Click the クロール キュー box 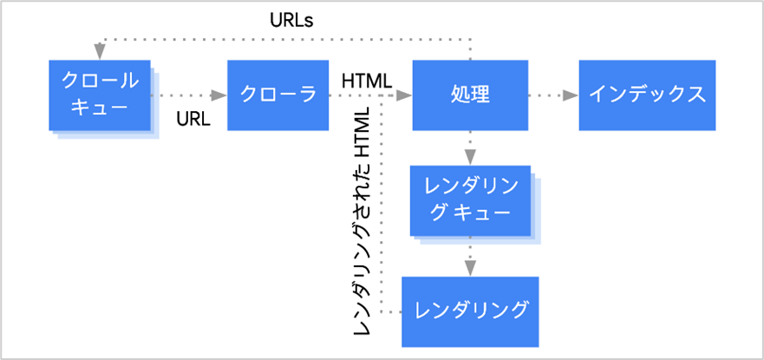click(100, 95)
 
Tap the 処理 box click(470, 95)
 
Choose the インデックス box click(647, 95)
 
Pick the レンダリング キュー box click(469, 200)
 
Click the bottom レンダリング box click(470, 311)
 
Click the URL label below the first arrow click(193, 120)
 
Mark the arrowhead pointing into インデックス click(571, 95)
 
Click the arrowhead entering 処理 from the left click(403, 95)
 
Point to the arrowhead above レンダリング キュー click(470, 157)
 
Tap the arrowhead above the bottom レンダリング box click(470, 269)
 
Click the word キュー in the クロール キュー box click(100, 108)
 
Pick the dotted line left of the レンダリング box click(391, 311)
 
